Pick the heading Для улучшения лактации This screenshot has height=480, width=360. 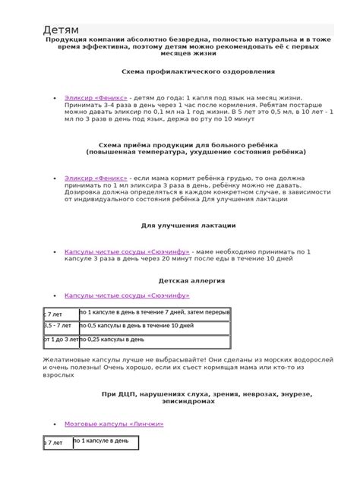188,226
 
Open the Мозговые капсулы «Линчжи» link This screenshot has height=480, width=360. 114,424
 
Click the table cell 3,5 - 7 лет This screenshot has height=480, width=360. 59,326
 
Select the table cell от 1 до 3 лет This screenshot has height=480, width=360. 61,339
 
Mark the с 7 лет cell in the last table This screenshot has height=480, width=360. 56,441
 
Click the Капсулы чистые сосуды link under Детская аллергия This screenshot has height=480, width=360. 127,295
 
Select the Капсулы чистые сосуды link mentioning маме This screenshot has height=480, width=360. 127,251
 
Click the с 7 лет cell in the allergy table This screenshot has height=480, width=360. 56,314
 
